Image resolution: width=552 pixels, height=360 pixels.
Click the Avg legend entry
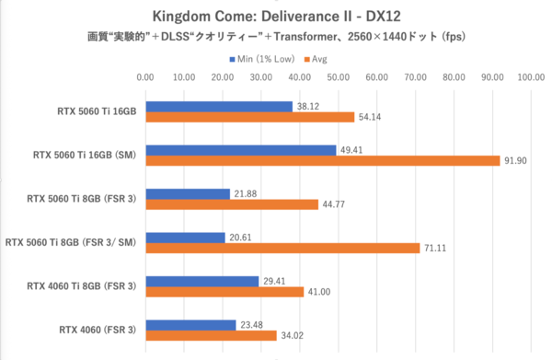[320, 59]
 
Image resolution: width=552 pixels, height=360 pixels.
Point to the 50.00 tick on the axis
[338, 78]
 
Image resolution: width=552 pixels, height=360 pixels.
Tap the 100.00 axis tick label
[531, 78]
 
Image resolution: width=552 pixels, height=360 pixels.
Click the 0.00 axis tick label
[145, 78]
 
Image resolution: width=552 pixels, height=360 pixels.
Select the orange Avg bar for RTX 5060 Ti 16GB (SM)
[322, 161]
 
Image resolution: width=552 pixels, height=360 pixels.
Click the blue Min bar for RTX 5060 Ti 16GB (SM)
[240, 149]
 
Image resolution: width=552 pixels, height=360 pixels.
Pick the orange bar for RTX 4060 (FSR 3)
[211, 335]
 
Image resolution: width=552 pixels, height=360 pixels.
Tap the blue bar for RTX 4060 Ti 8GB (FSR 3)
[201, 281]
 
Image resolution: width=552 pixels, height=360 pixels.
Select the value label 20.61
[239, 238]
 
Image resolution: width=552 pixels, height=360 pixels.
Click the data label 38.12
[306, 106]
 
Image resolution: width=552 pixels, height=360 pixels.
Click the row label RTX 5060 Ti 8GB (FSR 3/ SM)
[71, 243]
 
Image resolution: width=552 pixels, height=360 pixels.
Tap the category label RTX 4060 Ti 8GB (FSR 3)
[82, 286]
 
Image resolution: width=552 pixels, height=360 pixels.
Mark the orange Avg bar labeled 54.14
[249, 117]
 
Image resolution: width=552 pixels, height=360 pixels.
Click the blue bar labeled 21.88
[188, 193]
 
